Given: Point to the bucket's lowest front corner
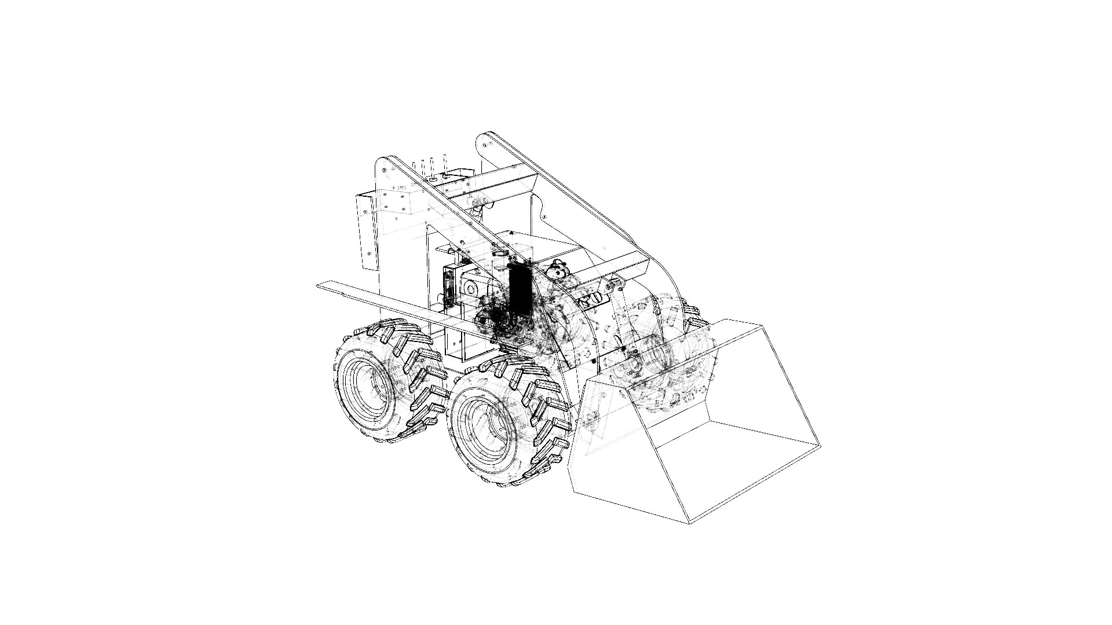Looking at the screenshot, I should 689,523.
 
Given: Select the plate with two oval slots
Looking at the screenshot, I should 591,299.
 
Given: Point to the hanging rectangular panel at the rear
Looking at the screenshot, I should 366,231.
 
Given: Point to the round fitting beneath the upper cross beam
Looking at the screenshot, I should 479,203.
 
